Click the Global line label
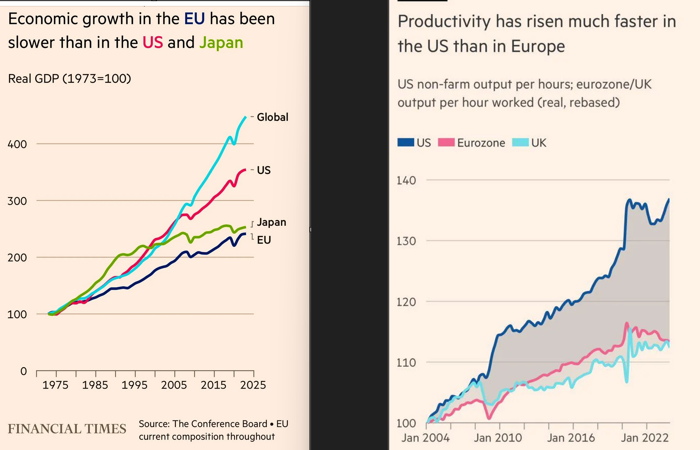272,117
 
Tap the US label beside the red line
264,170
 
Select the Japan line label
272,222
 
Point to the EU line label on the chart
264,240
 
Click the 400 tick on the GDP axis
17,144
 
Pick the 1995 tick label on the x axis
134,385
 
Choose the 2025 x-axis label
253,385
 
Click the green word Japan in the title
221,43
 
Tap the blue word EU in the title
194,19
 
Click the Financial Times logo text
67,429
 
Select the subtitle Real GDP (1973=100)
70,78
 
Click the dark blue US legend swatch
405,142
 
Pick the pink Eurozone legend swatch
446,142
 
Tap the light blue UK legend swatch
520,142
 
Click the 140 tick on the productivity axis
406,180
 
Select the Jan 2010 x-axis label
498,438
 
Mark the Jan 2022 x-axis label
645,438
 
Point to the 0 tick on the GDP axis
24,371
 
